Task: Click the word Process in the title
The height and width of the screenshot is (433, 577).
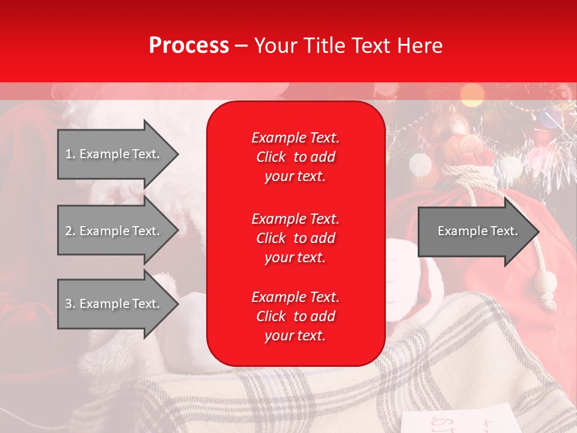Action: [189, 46]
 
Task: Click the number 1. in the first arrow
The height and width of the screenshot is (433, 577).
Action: [70, 154]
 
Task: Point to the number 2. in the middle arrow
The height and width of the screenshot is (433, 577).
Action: [70, 231]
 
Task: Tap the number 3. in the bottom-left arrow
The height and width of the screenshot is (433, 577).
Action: [70, 304]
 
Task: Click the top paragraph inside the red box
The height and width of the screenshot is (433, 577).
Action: [295, 157]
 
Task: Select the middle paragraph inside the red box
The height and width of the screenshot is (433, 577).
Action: [295, 238]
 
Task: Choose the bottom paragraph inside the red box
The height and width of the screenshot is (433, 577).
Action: [295, 316]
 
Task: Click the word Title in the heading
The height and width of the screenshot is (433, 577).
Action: [324, 46]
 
